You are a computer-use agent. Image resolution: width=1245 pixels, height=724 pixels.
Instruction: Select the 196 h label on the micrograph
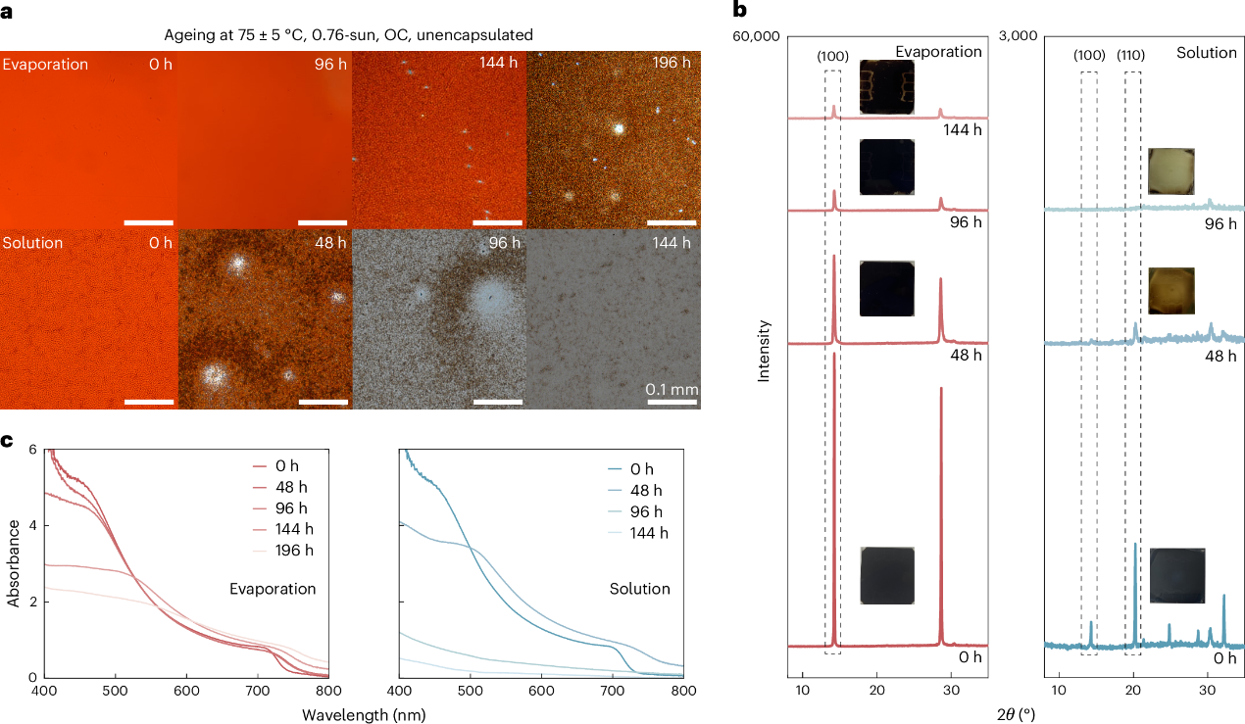[x=675, y=64]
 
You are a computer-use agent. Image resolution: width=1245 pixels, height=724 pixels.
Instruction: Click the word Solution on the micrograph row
[x=32, y=242]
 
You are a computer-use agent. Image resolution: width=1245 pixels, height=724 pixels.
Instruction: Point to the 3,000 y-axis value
[x=1017, y=36]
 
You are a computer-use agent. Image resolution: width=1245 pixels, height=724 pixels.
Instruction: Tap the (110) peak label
[x=1132, y=56]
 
